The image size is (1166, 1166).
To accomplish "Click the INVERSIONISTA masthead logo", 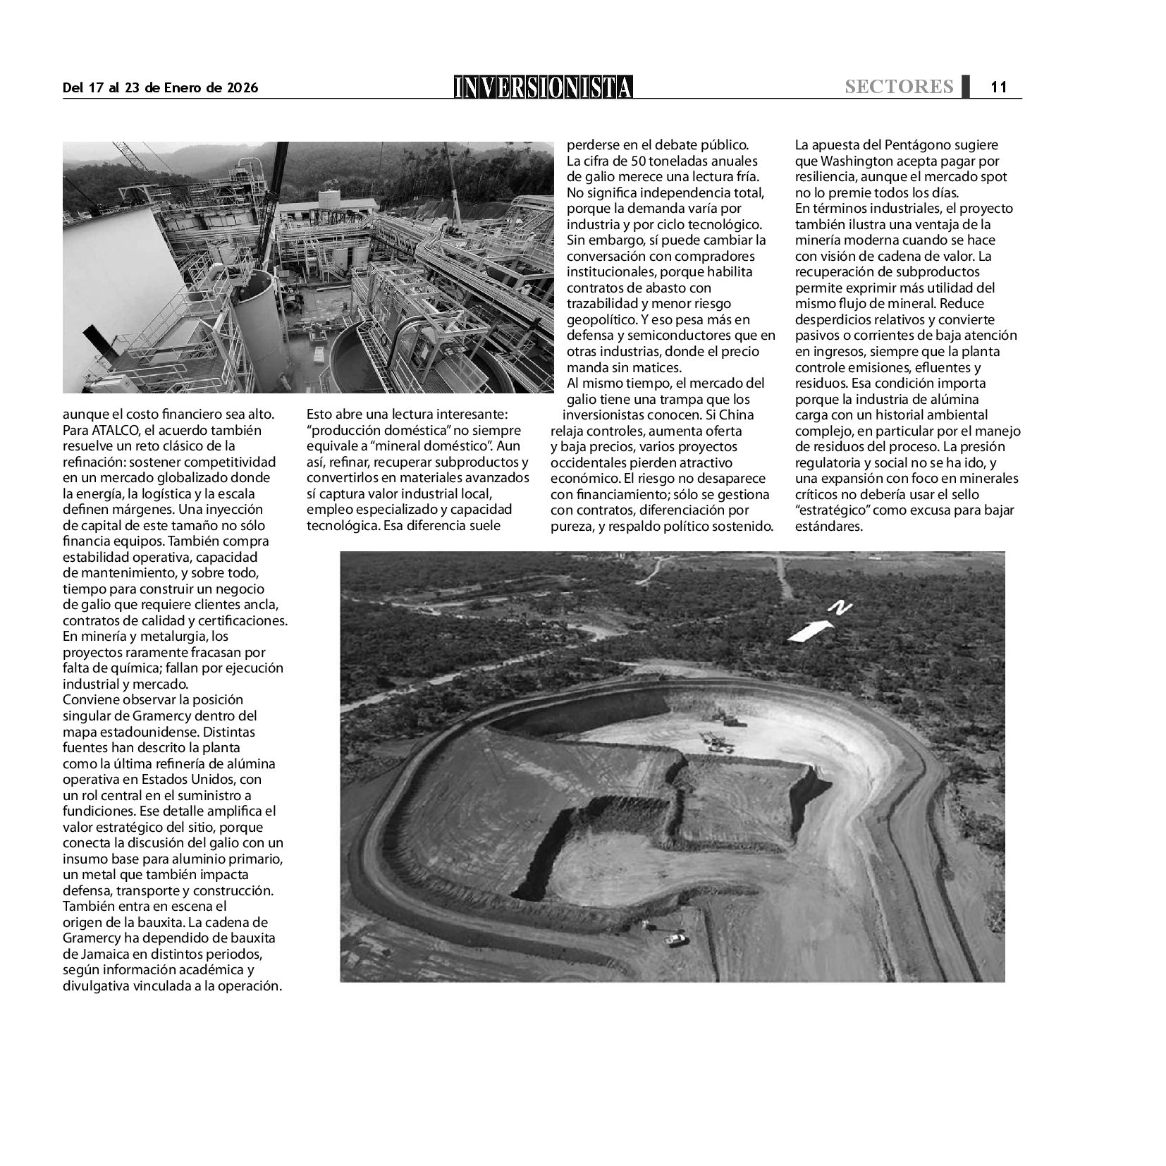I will [x=543, y=87].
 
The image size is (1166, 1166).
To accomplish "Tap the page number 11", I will [x=998, y=87].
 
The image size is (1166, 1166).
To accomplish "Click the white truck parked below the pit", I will [x=675, y=938].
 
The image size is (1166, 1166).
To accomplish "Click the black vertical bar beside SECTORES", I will [x=964, y=85].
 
